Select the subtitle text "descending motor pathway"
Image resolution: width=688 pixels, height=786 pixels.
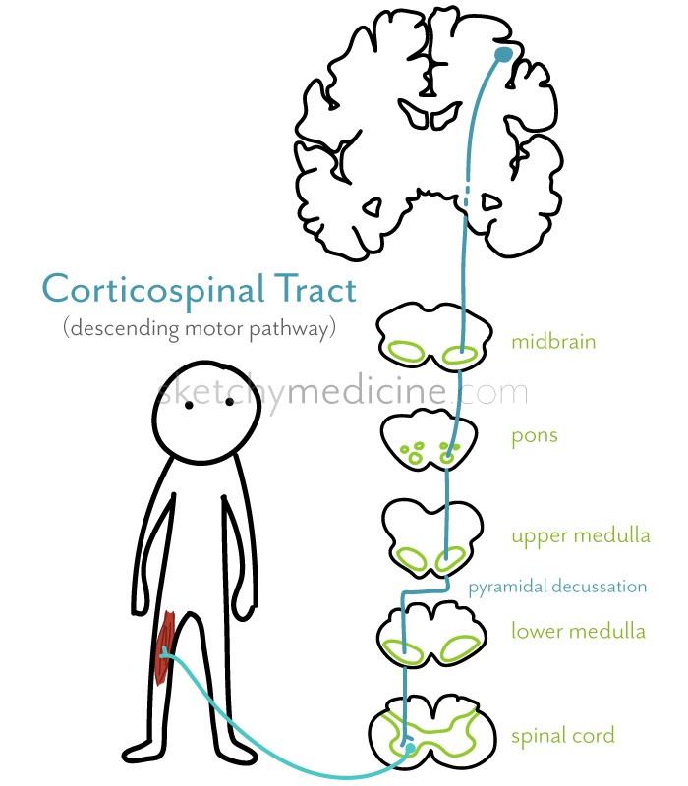(201, 328)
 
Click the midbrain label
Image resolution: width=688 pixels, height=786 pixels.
(553, 342)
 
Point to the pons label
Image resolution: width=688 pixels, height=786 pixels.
(534, 434)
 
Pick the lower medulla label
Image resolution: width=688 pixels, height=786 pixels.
(578, 630)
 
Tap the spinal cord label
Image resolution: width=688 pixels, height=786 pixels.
(562, 734)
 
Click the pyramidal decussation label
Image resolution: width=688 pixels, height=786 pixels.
(557, 587)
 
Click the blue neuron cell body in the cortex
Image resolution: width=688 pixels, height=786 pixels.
(503, 54)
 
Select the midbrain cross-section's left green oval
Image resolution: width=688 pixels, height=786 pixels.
(404, 351)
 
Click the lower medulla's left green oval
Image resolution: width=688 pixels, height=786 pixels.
(403, 649)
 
